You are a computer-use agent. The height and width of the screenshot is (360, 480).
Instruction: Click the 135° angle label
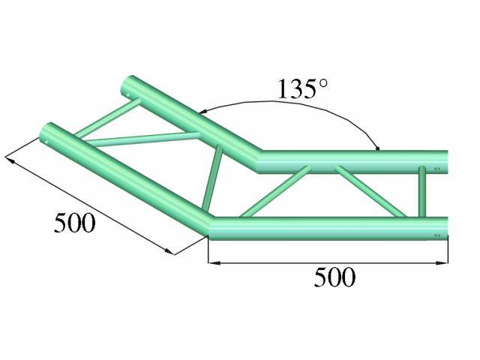(302, 89)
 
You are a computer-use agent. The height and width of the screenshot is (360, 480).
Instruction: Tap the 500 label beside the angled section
(75, 223)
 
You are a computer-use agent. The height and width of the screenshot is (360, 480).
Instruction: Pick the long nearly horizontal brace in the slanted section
(142, 139)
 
